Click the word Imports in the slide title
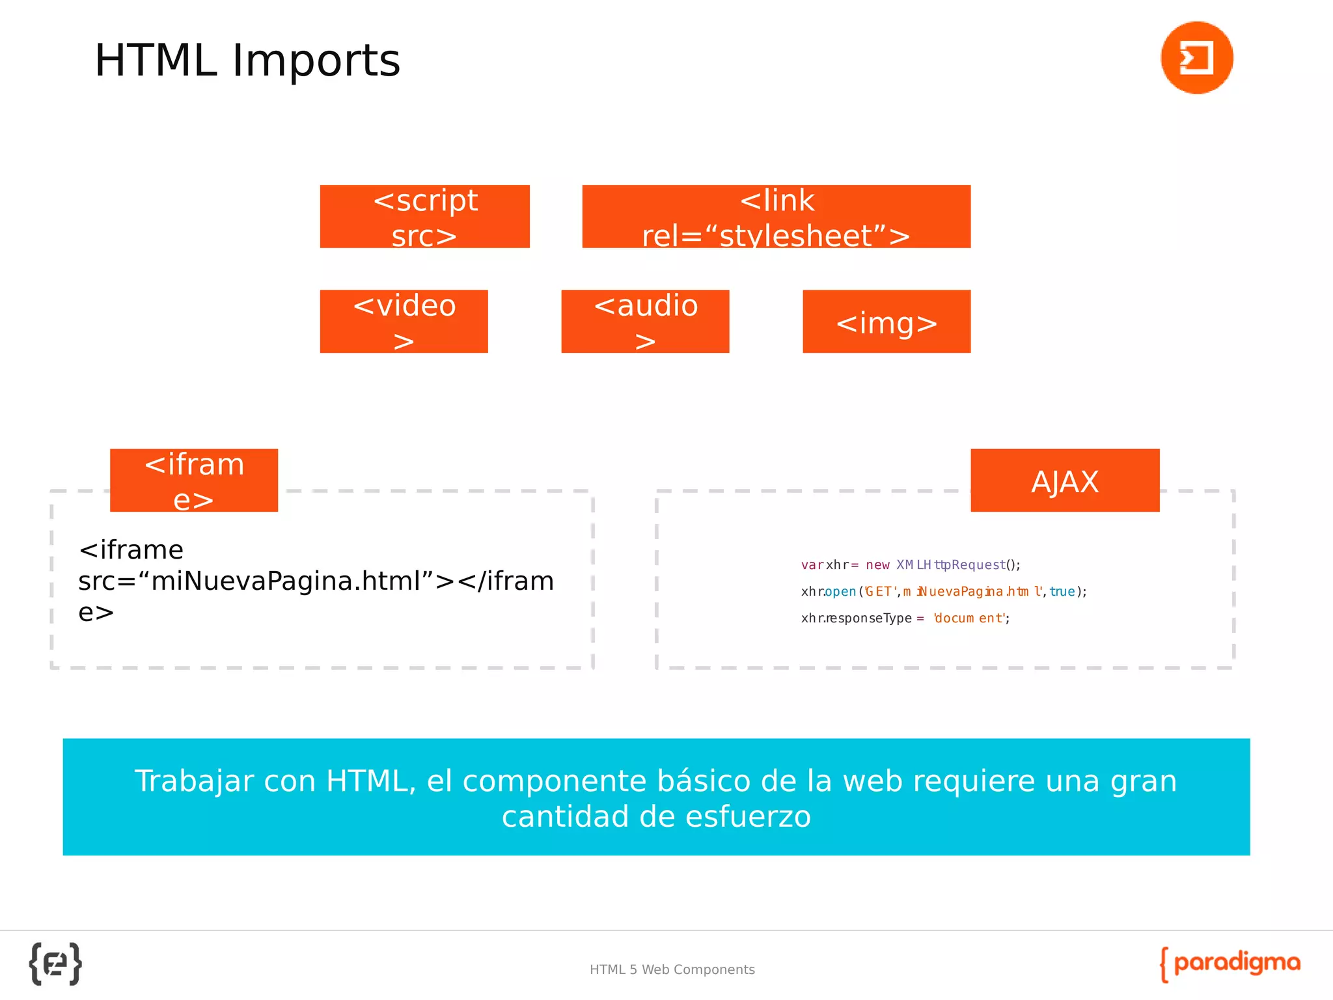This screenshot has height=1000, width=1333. tap(316, 61)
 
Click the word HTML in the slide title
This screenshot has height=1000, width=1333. tap(155, 61)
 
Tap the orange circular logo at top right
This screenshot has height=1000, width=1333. tap(1196, 57)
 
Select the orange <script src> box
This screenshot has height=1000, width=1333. tap(424, 216)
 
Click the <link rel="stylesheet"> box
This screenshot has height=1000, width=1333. tap(776, 216)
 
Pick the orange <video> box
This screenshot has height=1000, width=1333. tap(404, 321)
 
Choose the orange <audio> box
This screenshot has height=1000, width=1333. tap(645, 321)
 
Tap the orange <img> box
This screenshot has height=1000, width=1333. tap(886, 322)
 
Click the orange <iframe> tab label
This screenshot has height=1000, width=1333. tap(194, 480)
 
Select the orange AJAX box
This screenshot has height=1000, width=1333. tap(1065, 480)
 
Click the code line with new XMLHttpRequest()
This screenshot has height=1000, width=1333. tap(910, 564)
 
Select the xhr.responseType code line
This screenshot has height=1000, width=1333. tap(905, 618)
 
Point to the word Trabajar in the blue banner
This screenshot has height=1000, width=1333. tap(193, 781)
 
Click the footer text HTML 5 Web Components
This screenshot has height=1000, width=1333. tap(672, 969)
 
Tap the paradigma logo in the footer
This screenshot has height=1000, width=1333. tap(1230, 964)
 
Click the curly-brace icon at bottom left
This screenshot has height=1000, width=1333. tap(55, 964)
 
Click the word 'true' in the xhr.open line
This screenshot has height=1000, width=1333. tap(1062, 591)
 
